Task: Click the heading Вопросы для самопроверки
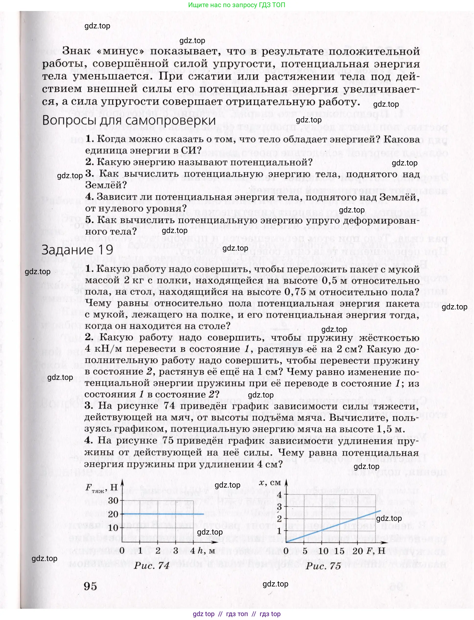pyautogui.click(x=129, y=121)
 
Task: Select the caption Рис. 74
pyautogui.click(x=152, y=565)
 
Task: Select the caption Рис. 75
pyautogui.click(x=323, y=565)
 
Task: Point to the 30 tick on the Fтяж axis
pyautogui.click(x=113, y=501)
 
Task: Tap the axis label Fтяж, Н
pyautogui.click(x=101, y=488)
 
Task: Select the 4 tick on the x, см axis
pyautogui.click(x=279, y=495)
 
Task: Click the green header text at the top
pyautogui.click(x=236, y=5)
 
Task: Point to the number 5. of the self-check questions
pyautogui.click(x=90, y=220)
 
